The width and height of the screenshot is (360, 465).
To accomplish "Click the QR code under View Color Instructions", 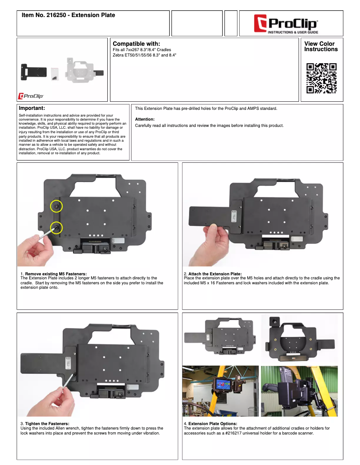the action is [x=321, y=78].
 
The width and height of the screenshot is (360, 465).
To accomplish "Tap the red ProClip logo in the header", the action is [x=286, y=24].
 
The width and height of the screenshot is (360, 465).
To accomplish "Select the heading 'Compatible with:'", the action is [x=136, y=43].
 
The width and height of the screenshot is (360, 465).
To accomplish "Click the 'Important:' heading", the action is [x=32, y=108].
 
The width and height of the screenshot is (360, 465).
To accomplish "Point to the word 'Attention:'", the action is [x=145, y=119].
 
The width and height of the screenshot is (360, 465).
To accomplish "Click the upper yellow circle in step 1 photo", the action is [x=57, y=206].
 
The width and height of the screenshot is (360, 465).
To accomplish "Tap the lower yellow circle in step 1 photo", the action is [x=57, y=228].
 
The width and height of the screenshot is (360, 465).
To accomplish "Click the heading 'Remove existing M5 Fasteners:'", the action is [x=56, y=274].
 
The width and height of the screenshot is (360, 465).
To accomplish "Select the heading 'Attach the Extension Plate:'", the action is [x=215, y=274].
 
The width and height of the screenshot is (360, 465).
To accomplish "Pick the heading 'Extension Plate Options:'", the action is [x=213, y=423].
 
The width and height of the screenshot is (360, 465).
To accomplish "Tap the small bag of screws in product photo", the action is [x=54, y=74].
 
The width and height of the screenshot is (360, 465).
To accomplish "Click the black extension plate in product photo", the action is [x=34, y=72].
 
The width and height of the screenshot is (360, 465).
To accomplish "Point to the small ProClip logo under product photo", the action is [x=31, y=96].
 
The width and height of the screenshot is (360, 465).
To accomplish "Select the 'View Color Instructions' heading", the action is [x=321, y=46].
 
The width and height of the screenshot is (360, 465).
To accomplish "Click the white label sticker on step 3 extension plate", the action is [x=68, y=363].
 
